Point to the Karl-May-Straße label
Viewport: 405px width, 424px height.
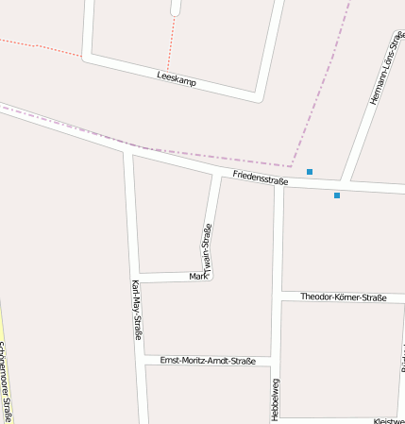[137, 310]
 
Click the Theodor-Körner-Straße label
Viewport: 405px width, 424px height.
[344, 297]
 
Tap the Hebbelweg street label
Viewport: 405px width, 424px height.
[276, 399]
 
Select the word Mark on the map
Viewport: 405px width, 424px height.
[198, 276]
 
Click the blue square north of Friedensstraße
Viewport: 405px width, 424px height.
[310, 172]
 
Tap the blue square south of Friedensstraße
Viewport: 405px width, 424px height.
[337, 195]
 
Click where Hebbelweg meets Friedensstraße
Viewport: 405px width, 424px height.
[278, 183]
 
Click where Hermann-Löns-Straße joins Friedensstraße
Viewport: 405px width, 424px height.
[346, 181]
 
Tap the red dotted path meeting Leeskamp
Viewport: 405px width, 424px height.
[168, 69]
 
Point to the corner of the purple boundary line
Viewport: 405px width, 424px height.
[292, 166]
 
